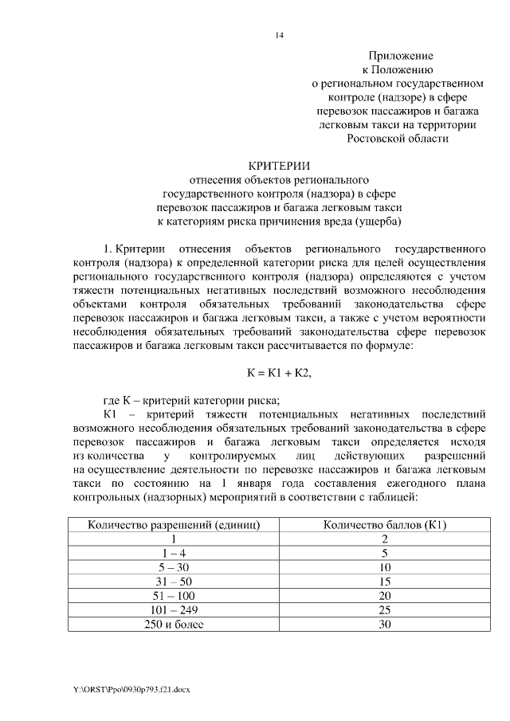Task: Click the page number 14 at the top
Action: click(279, 35)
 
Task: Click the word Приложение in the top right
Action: click(400, 56)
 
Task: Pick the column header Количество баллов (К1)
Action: click(385, 524)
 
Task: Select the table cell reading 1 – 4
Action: click(175, 553)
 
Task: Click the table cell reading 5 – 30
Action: click(175, 567)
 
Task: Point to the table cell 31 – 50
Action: click(175, 582)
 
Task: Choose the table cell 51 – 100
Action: click(175, 596)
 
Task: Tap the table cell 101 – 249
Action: click(175, 610)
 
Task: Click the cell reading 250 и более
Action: click(175, 625)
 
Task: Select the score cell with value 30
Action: click(385, 625)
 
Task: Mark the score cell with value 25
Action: click(385, 610)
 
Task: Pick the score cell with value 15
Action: click(385, 582)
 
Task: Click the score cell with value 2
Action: click(385, 539)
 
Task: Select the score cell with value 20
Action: click(385, 596)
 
